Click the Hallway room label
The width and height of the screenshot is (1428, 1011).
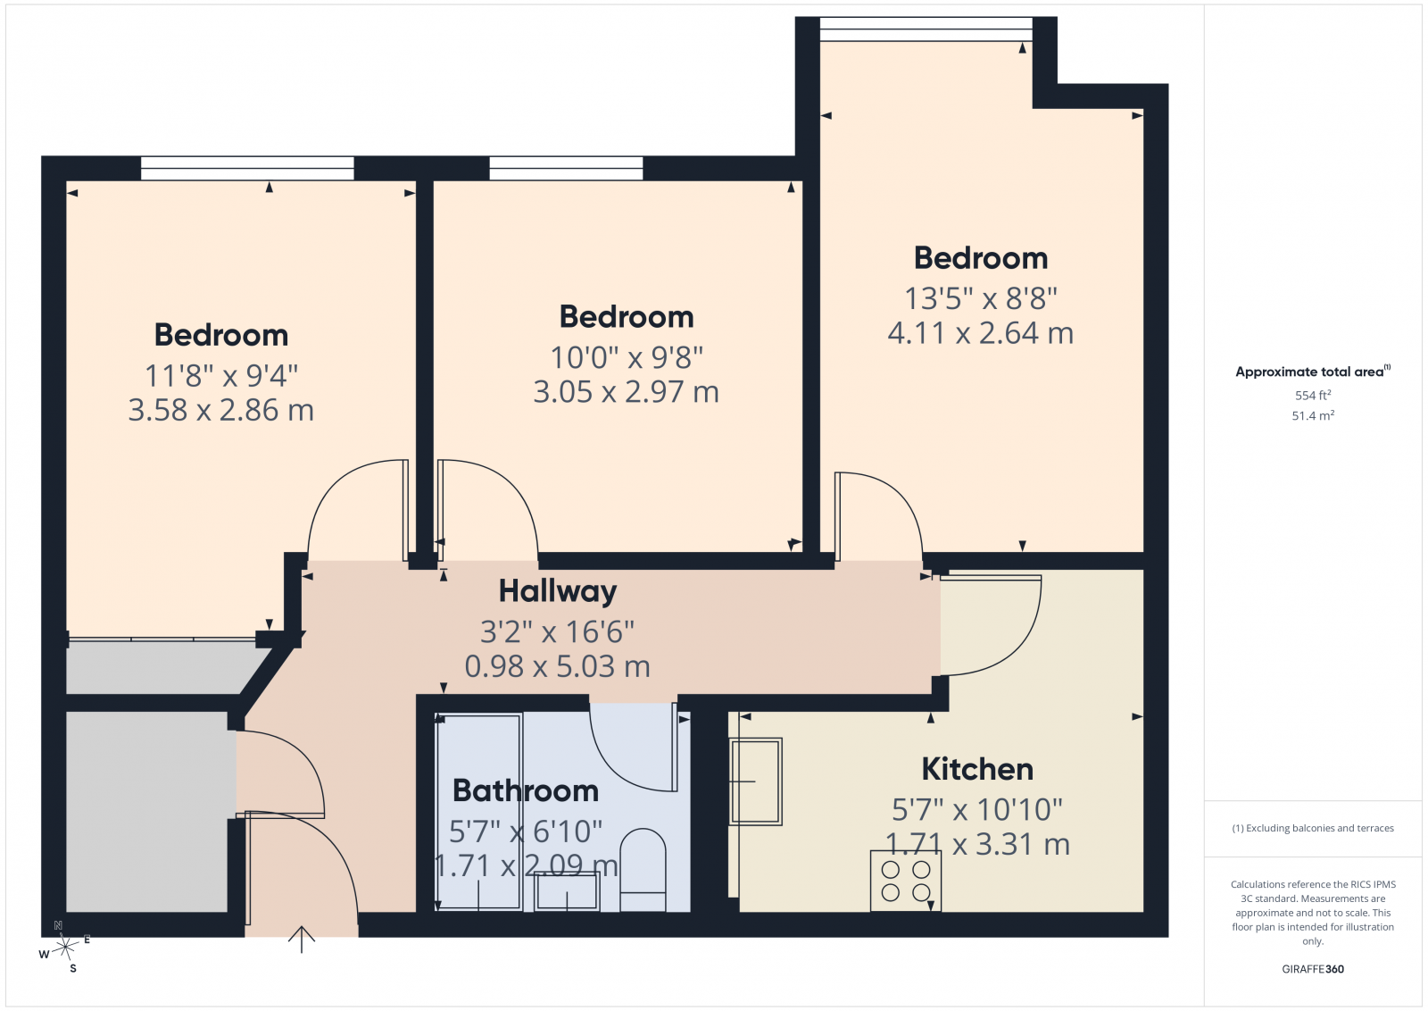coord(558,592)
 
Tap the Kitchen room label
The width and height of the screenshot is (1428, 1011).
coord(977,769)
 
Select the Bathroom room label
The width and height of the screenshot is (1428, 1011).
coord(526,791)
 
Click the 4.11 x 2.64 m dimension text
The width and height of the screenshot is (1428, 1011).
coord(981,333)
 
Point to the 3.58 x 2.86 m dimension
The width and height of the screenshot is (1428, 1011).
coord(221,410)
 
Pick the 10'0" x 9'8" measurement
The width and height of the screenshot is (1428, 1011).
coord(627,357)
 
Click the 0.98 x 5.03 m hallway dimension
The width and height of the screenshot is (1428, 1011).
coord(557,666)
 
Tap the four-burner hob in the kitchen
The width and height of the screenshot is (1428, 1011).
coord(906,881)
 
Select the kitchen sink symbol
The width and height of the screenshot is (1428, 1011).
coord(756,781)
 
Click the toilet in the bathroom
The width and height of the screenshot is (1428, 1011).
coord(643,870)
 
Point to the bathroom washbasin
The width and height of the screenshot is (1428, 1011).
coord(567,891)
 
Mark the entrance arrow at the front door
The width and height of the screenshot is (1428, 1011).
coord(302,940)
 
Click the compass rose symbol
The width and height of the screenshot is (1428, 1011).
coord(64,948)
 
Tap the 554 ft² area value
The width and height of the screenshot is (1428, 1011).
coord(1313,395)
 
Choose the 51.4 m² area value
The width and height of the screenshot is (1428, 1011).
coord(1313,415)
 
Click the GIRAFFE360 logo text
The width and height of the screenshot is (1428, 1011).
coord(1313,969)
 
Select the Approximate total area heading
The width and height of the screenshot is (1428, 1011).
coord(1313,372)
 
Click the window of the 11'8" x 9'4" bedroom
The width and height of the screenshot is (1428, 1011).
coord(247,169)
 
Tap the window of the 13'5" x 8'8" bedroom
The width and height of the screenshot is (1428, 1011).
coord(926,29)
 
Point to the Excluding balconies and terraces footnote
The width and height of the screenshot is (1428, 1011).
coord(1313,828)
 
